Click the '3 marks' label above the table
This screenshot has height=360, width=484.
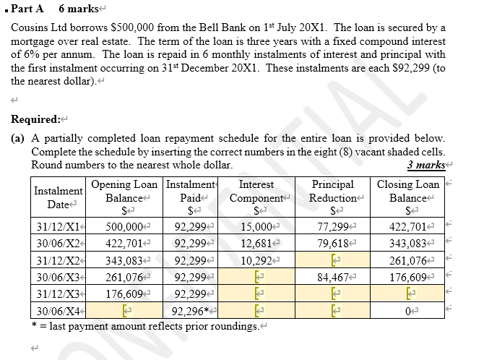(423, 165)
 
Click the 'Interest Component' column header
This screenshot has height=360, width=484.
(256, 192)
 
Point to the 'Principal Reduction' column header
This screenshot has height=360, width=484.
(332, 192)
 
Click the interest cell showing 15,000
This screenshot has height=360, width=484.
(256, 226)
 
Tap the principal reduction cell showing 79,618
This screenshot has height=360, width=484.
(332, 242)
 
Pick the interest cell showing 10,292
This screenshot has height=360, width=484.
(256, 259)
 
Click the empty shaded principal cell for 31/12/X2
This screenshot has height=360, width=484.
(332, 259)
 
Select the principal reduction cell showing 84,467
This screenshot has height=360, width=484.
(332, 275)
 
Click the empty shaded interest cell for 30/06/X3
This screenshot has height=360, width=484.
(256, 275)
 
